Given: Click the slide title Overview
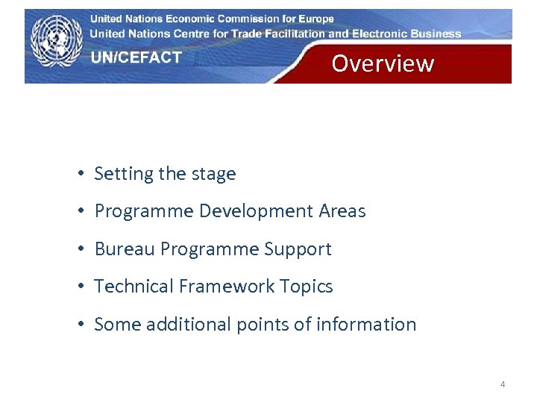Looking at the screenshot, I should click(x=382, y=63).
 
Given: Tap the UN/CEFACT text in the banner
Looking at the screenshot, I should click(x=136, y=57).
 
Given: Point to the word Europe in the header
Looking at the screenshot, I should click(x=313, y=19).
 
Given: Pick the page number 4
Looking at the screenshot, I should click(x=502, y=384).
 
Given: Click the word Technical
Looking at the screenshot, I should click(x=133, y=287).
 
